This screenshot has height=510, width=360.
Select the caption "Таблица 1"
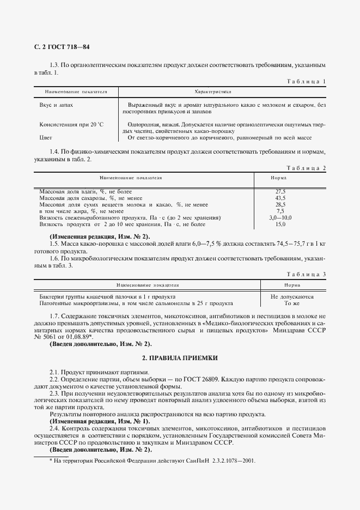[x=306, y=82]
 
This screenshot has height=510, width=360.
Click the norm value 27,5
[x=280, y=191]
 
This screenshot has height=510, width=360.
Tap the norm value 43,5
[x=280, y=198]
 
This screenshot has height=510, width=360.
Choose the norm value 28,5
[x=280, y=204]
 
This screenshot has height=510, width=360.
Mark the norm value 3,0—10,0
[x=280, y=217]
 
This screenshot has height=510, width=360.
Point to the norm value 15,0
[x=280, y=224]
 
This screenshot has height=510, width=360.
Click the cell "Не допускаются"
[x=292, y=297]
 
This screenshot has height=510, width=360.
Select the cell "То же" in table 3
[x=292, y=303]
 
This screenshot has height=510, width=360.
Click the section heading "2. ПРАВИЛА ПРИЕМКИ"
[x=180, y=358]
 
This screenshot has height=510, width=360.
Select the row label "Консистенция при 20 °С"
[x=71, y=124]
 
